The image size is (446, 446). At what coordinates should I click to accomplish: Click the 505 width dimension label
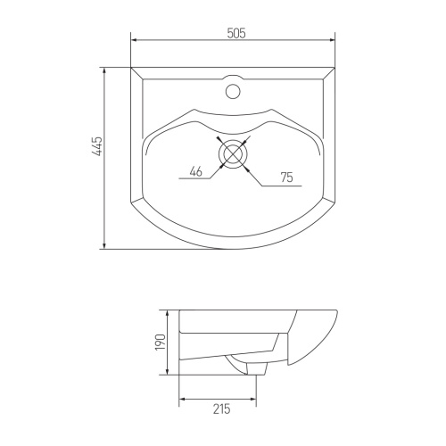[236, 33]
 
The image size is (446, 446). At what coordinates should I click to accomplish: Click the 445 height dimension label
[97, 146]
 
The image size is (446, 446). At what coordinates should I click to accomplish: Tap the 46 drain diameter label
[195, 171]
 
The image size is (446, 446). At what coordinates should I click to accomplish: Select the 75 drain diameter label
[287, 178]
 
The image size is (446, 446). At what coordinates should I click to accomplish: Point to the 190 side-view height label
[161, 342]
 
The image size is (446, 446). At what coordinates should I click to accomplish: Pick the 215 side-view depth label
[222, 409]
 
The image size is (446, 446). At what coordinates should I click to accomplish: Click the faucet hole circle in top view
[233, 91]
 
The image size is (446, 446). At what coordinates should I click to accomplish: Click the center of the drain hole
[233, 153]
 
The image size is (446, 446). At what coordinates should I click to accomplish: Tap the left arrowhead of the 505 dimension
[134, 40]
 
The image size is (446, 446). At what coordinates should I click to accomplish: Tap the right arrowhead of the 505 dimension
[332, 40]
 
